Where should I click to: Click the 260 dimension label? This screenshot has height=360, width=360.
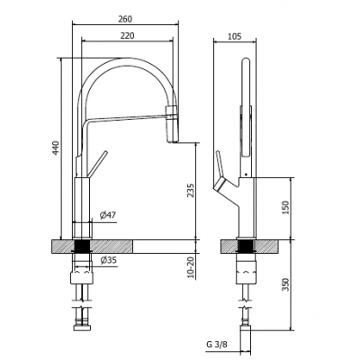[125, 19]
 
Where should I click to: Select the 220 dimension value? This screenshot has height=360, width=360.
[127, 36]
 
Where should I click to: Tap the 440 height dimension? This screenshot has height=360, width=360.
[56, 148]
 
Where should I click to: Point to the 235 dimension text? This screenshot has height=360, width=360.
[191, 190]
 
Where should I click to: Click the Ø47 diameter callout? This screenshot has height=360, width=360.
[108, 215]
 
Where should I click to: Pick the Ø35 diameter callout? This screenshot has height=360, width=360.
[108, 260]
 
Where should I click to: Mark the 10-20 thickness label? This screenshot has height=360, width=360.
[191, 265]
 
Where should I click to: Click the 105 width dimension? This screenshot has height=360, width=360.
[235, 36]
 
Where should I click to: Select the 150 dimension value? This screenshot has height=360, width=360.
[285, 207]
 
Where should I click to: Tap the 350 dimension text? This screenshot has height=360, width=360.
[285, 284]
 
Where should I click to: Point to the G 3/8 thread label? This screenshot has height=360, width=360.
[217, 344]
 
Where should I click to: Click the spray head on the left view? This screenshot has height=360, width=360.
[172, 124]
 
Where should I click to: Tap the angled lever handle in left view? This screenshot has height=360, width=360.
[96, 164]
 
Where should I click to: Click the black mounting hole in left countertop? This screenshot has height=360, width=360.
[82, 247]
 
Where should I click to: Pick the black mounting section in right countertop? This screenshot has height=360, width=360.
[246, 247]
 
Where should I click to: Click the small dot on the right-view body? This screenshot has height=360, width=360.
[246, 174]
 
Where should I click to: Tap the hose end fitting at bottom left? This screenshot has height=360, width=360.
[82, 326]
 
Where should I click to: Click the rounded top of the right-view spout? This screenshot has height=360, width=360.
[246, 61]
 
